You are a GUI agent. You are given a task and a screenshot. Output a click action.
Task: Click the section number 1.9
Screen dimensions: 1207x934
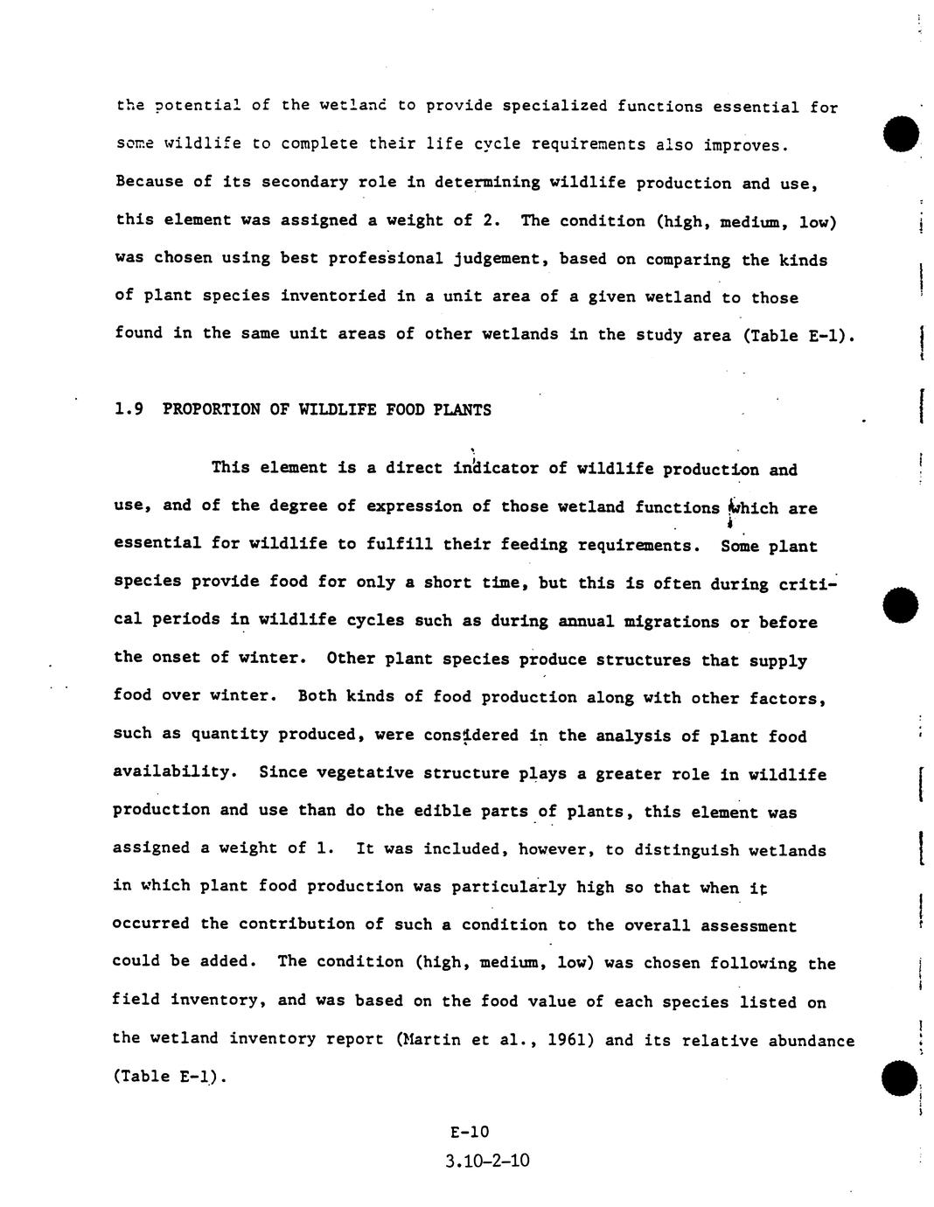(x=129, y=409)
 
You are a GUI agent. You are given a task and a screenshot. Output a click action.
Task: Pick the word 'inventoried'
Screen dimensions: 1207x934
(x=332, y=296)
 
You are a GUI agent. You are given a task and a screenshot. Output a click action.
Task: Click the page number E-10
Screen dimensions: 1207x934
(x=470, y=1132)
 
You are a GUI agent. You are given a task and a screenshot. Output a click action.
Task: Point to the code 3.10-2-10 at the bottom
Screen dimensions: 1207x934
(x=486, y=1162)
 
